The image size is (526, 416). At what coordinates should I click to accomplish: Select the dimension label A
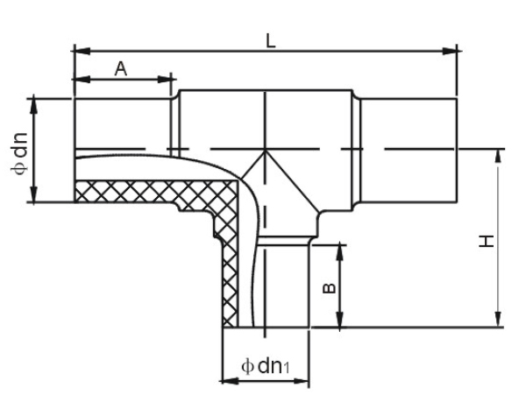point(121,69)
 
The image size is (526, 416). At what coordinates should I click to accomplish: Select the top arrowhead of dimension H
point(498,155)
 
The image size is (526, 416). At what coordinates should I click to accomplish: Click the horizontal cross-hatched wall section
point(149,193)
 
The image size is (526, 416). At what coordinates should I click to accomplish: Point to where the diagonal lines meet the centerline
point(266,149)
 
